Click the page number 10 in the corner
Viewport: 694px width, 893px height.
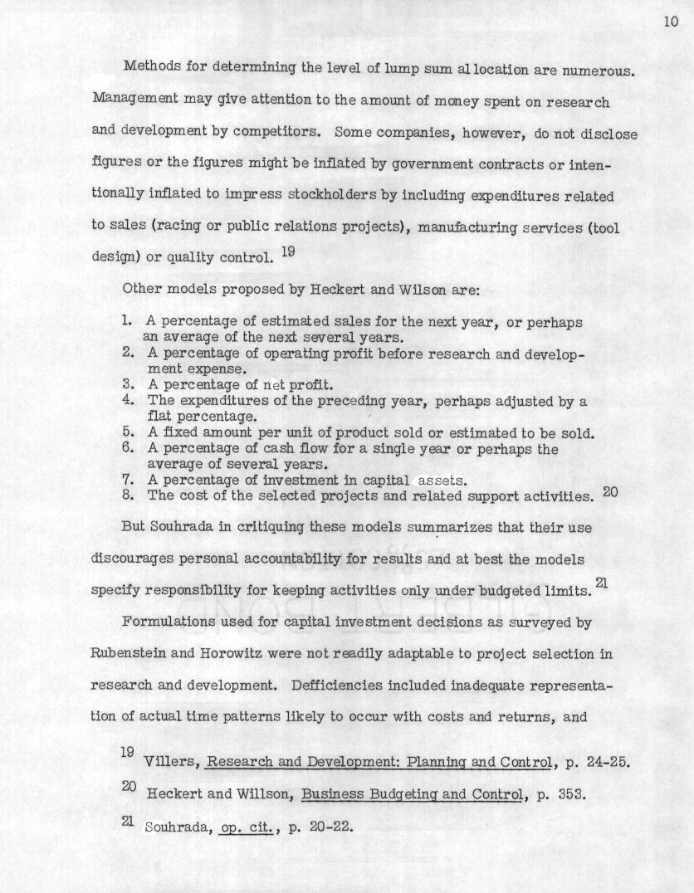coord(671,22)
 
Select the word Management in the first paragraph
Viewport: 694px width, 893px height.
coord(132,101)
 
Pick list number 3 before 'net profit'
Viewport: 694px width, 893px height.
coord(128,384)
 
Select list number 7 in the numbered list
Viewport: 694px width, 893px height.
coord(128,480)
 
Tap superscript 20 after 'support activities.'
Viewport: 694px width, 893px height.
coord(610,491)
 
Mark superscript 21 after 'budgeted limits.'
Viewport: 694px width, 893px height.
coord(602,584)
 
